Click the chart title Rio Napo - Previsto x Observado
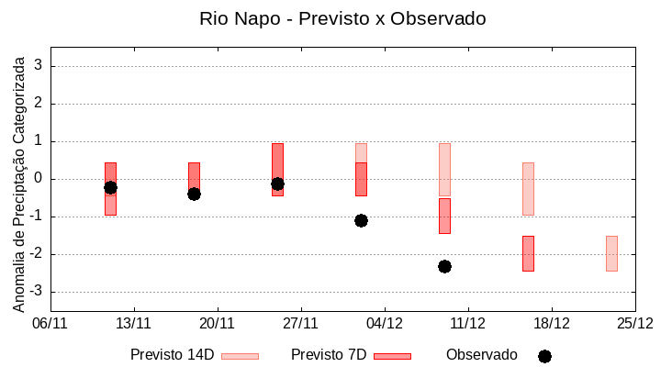click(342, 18)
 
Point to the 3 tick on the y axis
click(39, 66)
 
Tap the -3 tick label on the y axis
click(35, 292)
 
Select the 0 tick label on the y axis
click(39, 179)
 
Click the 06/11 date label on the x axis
click(50, 323)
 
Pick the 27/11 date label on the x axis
click(300, 323)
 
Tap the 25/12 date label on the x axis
click(634, 323)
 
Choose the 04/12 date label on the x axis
click(384, 323)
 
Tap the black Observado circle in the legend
click(544, 356)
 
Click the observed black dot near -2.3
click(444, 266)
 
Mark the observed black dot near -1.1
click(361, 220)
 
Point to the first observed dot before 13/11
click(110, 187)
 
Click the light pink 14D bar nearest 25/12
click(611, 253)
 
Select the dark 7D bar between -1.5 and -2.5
click(528, 253)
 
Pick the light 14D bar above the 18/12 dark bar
click(528, 188)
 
